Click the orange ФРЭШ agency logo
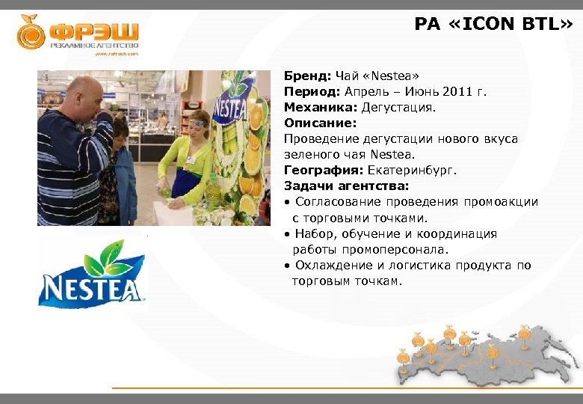pos(78,34)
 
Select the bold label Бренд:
pos(308,76)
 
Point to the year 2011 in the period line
pos(457,91)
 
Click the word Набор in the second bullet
pos(315,233)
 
